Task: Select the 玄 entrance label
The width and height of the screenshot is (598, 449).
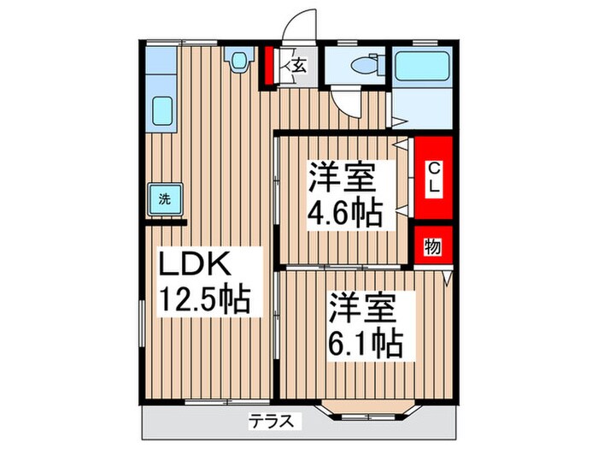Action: pyautogui.click(x=300, y=65)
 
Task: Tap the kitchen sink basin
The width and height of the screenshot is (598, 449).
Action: pyautogui.click(x=160, y=110)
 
